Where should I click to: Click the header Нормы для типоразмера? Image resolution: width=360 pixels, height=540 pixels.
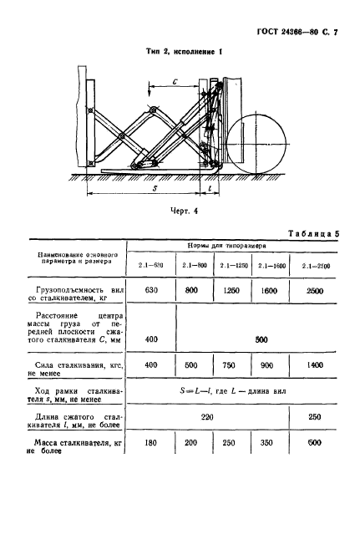tap(236, 248)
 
